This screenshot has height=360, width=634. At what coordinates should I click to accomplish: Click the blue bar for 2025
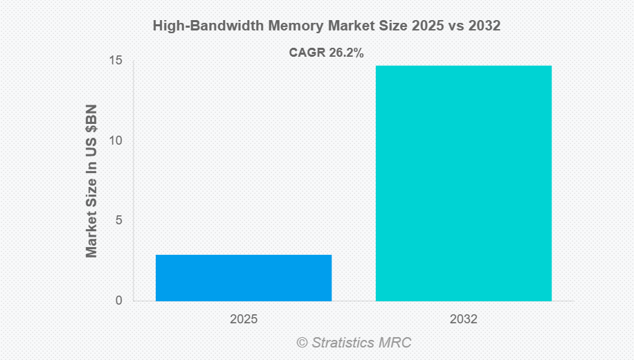244,278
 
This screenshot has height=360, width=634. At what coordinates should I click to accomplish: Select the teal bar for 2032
463,183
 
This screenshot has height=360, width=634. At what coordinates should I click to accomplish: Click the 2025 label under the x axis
244,320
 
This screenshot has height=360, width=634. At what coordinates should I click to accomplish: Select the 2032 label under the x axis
463,320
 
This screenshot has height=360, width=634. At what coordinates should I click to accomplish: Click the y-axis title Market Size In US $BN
92,181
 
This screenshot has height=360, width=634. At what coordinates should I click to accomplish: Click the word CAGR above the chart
303,53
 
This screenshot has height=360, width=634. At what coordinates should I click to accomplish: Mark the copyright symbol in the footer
302,343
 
